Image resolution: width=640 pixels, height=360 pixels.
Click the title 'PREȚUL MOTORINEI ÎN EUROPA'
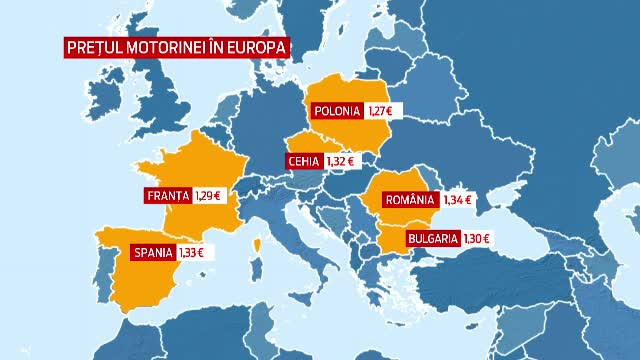(x=176, y=47)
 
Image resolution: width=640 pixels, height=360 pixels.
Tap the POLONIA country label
(x=336, y=111)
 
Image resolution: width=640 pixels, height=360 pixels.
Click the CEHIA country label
(x=303, y=160)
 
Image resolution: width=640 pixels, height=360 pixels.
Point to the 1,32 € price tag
(x=342, y=160)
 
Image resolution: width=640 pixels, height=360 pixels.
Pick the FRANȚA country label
(x=167, y=195)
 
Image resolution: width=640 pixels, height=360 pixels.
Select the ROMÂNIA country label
(x=410, y=200)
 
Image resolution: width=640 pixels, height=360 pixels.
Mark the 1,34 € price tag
(x=457, y=200)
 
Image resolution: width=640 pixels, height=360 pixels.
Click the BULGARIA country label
(x=433, y=238)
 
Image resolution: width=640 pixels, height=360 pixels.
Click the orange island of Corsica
(x=258, y=243)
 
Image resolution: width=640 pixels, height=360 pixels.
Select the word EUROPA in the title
(x=261, y=47)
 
